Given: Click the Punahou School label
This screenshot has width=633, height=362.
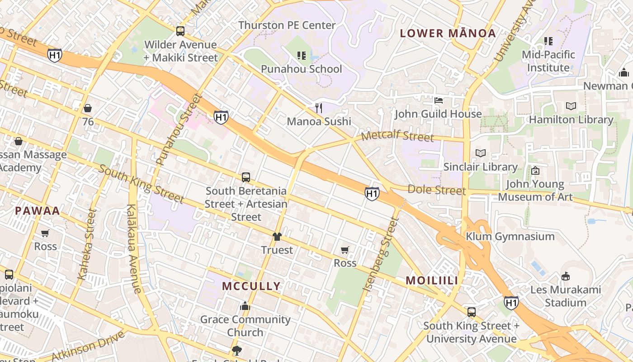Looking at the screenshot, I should click(x=302, y=69).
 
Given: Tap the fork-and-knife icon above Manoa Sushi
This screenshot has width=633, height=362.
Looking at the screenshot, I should click(x=319, y=108).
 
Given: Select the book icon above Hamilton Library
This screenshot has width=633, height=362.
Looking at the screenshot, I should click(x=571, y=106).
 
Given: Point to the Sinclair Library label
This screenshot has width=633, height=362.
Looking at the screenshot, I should click(x=480, y=167).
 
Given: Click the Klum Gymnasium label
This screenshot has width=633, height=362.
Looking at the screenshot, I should click(x=510, y=237).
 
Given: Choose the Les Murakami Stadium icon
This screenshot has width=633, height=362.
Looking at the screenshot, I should click(x=565, y=276).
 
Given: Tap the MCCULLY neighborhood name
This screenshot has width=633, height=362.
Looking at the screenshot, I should click(x=251, y=286).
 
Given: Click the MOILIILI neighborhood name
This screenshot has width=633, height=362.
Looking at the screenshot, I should click(x=432, y=281).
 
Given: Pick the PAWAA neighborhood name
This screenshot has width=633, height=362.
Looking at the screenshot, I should click(x=38, y=211).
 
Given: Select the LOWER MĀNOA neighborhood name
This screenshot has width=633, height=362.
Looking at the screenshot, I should click(x=448, y=33).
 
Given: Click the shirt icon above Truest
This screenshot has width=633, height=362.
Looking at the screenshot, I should click(x=277, y=237).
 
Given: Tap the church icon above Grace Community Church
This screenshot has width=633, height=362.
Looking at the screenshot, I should click(x=245, y=306).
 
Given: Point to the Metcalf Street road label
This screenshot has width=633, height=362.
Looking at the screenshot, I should click(x=397, y=136).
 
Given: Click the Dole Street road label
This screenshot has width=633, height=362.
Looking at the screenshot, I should click(x=436, y=190).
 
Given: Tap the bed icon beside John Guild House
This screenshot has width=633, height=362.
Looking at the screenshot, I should click(x=438, y=100).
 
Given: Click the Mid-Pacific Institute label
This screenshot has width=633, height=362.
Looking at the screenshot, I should click(x=548, y=61).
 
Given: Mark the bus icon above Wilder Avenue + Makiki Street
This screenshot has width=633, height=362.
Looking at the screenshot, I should click(x=180, y=31).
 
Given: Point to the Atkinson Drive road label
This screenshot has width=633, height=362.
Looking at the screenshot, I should click(x=88, y=347).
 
